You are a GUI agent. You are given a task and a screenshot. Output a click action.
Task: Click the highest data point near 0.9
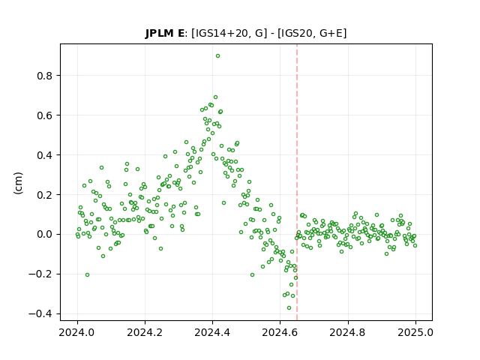pyautogui.click(x=217, y=56)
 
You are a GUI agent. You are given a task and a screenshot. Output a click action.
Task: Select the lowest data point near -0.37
pyautogui.click(x=289, y=308)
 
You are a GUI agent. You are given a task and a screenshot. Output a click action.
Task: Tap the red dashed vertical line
pyautogui.click(x=297, y=182)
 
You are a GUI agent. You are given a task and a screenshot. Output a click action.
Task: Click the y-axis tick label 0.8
pyautogui.click(x=45, y=76)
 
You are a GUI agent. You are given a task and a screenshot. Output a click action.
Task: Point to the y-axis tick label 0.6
pyautogui.click(x=45, y=115)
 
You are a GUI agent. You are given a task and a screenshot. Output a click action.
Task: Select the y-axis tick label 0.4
pyautogui.click(x=45, y=155)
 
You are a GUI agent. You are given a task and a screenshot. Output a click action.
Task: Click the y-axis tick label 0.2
pyautogui.click(x=45, y=195)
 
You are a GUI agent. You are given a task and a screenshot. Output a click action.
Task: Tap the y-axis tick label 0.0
pyautogui.click(x=45, y=235)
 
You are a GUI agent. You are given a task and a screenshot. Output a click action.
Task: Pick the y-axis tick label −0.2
pyautogui.click(x=40, y=274)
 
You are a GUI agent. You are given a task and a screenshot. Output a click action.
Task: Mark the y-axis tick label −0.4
pyautogui.click(x=40, y=314)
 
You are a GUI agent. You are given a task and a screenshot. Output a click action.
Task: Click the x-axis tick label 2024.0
pyautogui.click(x=77, y=332)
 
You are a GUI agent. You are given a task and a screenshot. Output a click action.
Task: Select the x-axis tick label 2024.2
pyautogui.click(x=145, y=332)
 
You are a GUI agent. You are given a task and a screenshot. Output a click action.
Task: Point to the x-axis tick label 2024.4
pyautogui.click(x=212, y=332)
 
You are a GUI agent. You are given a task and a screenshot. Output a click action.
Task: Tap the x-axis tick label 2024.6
pyautogui.click(x=280, y=332)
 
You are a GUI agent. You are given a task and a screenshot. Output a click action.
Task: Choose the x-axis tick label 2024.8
pyautogui.click(x=348, y=332)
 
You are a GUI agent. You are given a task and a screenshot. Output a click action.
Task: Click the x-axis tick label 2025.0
pyautogui.click(x=415, y=332)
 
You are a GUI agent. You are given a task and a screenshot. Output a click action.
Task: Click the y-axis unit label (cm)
pyautogui.click(x=18, y=183)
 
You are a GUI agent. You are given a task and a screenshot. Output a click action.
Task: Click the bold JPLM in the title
pyautogui.click(x=160, y=33)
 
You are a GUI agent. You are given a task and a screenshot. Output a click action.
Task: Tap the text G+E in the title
pyautogui.click(x=331, y=33)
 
